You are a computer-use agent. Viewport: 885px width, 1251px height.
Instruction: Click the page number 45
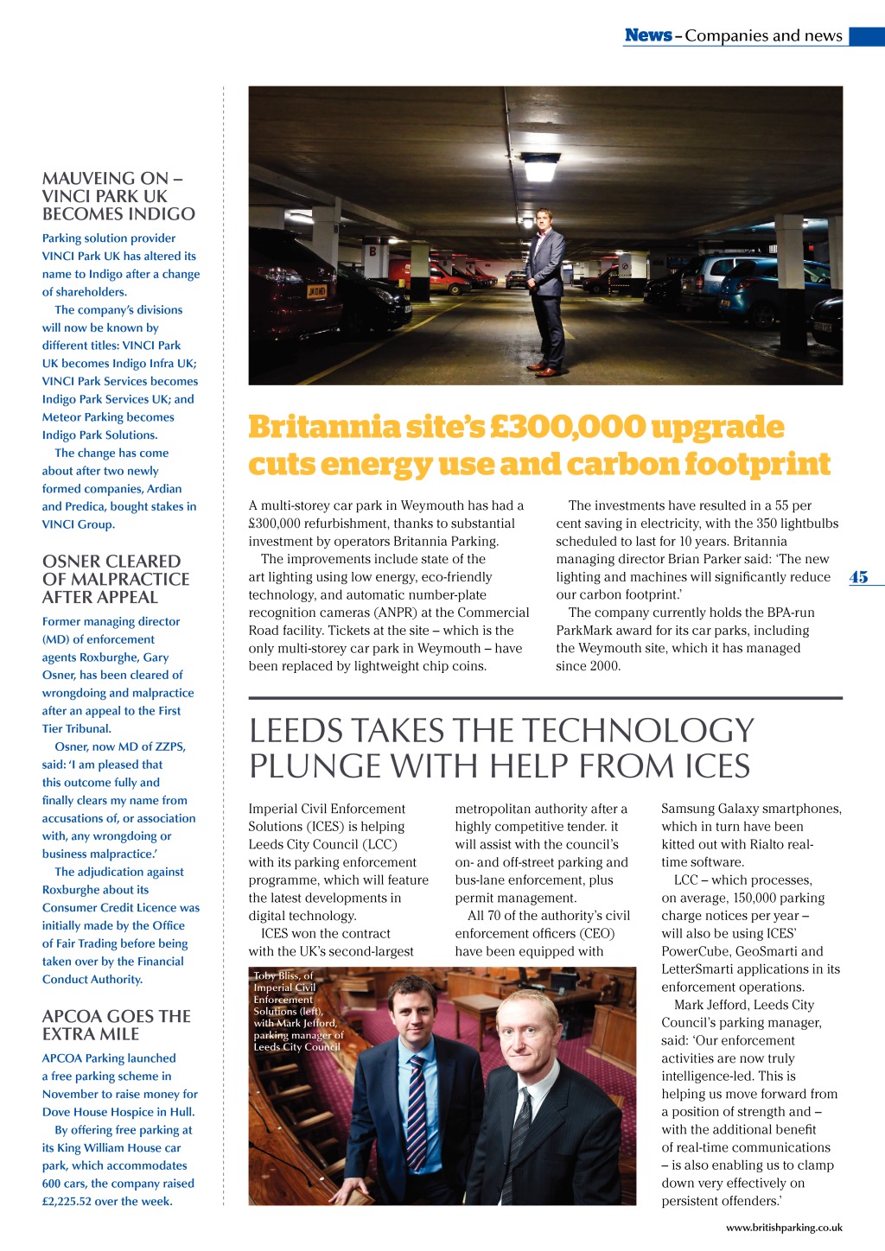point(858,577)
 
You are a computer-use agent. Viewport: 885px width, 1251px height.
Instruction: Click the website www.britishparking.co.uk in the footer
point(784,1227)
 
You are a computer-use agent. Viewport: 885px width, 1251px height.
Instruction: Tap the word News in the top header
point(647,35)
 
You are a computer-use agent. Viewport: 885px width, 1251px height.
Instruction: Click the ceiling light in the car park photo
point(540,167)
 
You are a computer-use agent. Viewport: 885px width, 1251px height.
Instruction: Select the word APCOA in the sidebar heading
point(73,1016)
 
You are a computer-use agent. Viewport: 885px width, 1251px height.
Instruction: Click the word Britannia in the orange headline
point(323,427)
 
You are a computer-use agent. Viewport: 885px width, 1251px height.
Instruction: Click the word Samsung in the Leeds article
point(690,809)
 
